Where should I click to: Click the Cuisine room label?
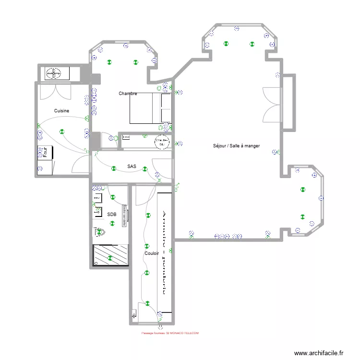click(x=61, y=111)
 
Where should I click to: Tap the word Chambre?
click(x=128, y=94)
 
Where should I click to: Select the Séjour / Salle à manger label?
click(x=236, y=145)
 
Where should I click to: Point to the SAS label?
click(x=132, y=167)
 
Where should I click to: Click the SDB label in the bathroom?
click(x=111, y=215)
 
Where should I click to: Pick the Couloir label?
click(x=152, y=253)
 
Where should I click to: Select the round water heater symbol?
click(x=162, y=142)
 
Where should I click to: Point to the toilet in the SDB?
click(x=99, y=233)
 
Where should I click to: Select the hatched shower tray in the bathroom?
click(x=110, y=254)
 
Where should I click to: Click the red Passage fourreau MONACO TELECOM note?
click(x=169, y=333)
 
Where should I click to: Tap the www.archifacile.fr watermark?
click(x=319, y=353)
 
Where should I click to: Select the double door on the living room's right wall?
click(x=270, y=105)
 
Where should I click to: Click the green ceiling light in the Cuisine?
click(x=61, y=131)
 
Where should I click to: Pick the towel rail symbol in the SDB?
click(x=124, y=214)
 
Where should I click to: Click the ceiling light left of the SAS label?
click(x=114, y=168)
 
